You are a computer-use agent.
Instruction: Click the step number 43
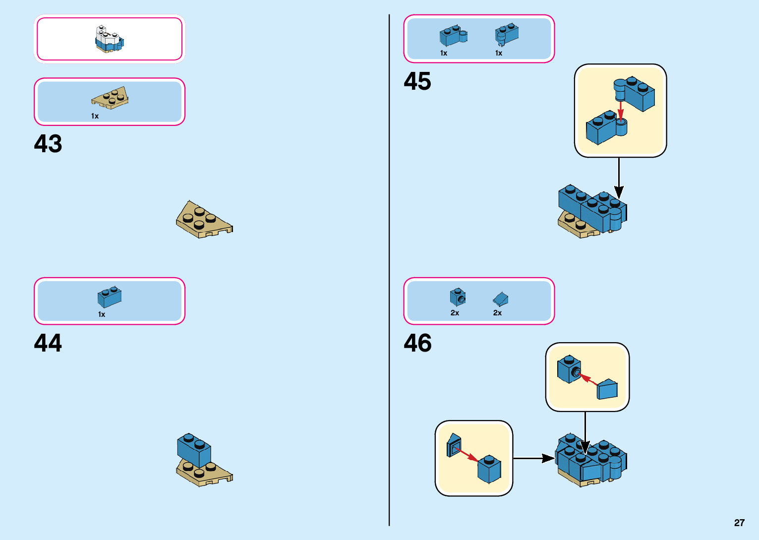(48, 144)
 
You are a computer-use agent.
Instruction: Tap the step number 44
(48, 343)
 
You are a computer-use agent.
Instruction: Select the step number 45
(417, 81)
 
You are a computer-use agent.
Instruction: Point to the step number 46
(417, 343)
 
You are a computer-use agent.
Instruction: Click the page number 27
(739, 523)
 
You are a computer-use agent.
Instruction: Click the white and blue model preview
(109, 39)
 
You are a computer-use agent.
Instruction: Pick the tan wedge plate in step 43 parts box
(110, 98)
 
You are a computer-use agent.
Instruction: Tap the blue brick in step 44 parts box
(110, 297)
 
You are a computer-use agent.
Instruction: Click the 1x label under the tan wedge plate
(95, 116)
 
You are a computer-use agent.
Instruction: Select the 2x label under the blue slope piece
(497, 313)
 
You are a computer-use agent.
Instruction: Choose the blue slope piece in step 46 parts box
(501, 299)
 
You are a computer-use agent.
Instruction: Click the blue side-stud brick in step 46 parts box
(458, 297)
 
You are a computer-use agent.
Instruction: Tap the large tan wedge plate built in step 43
(203, 221)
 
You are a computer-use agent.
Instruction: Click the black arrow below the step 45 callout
(619, 179)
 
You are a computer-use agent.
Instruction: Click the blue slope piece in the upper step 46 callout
(607, 390)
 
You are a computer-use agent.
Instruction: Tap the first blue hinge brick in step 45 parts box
(453, 36)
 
